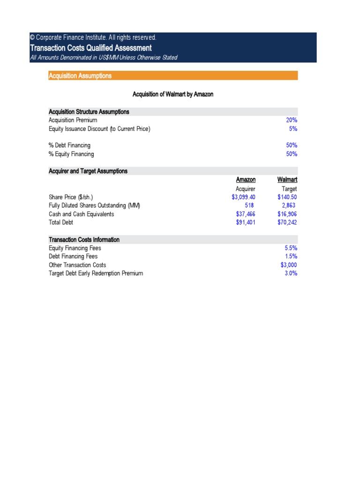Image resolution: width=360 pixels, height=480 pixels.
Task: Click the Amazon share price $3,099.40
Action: click(x=243, y=197)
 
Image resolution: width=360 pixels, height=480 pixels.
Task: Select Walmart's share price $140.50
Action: click(x=287, y=197)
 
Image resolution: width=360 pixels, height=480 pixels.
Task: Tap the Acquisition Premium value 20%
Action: click(x=292, y=120)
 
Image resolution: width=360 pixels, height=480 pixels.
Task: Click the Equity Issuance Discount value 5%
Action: click(x=293, y=128)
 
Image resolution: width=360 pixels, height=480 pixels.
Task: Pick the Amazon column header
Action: click(x=246, y=180)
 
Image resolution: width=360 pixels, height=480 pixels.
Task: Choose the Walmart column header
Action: click(x=287, y=180)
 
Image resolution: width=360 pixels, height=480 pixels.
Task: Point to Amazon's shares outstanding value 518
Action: click(x=249, y=205)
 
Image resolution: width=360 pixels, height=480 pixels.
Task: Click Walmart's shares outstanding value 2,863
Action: click(x=289, y=205)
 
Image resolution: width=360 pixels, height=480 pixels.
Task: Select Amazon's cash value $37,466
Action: click(x=246, y=214)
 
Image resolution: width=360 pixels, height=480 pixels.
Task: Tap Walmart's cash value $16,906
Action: click(x=287, y=214)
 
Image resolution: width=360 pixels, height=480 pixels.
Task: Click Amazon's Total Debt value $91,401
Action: click(x=246, y=222)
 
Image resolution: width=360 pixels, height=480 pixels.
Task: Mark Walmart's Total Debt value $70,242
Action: click(x=287, y=222)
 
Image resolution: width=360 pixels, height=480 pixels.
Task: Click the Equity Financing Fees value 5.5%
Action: click(x=291, y=248)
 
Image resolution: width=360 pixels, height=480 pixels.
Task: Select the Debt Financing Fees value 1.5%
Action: click(x=291, y=256)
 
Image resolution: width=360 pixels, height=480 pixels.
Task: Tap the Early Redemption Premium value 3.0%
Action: click(x=291, y=273)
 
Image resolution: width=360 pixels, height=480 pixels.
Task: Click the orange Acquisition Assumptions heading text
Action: click(x=80, y=75)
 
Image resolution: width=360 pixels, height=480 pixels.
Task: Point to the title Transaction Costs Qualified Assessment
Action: click(x=90, y=48)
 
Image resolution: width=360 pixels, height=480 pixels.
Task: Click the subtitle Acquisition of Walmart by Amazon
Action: click(x=173, y=94)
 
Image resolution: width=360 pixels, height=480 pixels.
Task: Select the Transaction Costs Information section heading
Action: click(x=84, y=240)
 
